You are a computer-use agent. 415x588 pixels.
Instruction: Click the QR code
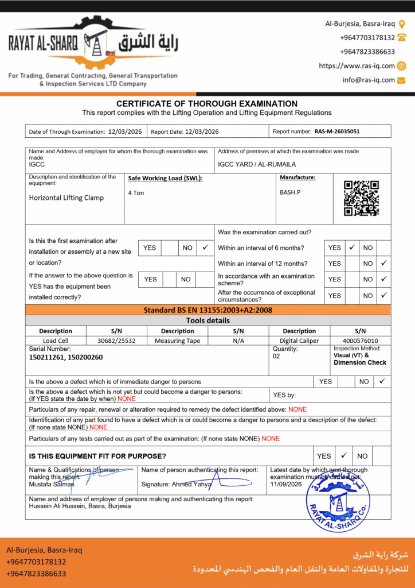point(361,198)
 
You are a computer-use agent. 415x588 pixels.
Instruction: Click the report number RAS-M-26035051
point(337,131)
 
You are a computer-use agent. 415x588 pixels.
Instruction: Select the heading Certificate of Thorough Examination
point(207,103)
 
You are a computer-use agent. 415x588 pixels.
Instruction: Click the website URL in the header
point(357,65)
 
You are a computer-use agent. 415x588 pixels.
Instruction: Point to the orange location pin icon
point(402,24)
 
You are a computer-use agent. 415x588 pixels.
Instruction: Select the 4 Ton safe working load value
point(136,193)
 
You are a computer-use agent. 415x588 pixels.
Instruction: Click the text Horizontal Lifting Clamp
point(66,198)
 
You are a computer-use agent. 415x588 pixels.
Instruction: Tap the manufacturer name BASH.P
point(290,192)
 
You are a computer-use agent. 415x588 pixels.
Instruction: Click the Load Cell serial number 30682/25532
point(116,341)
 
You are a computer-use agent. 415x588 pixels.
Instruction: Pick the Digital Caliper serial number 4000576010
point(360,341)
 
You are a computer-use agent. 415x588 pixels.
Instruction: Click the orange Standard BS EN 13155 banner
point(207,310)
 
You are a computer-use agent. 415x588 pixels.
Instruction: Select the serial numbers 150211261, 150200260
point(66,357)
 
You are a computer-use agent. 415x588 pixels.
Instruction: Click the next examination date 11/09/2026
point(285,485)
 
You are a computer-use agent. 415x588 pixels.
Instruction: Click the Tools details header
point(207,320)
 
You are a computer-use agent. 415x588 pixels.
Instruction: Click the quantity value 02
point(277,357)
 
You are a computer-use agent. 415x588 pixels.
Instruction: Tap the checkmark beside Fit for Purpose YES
point(344,455)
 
